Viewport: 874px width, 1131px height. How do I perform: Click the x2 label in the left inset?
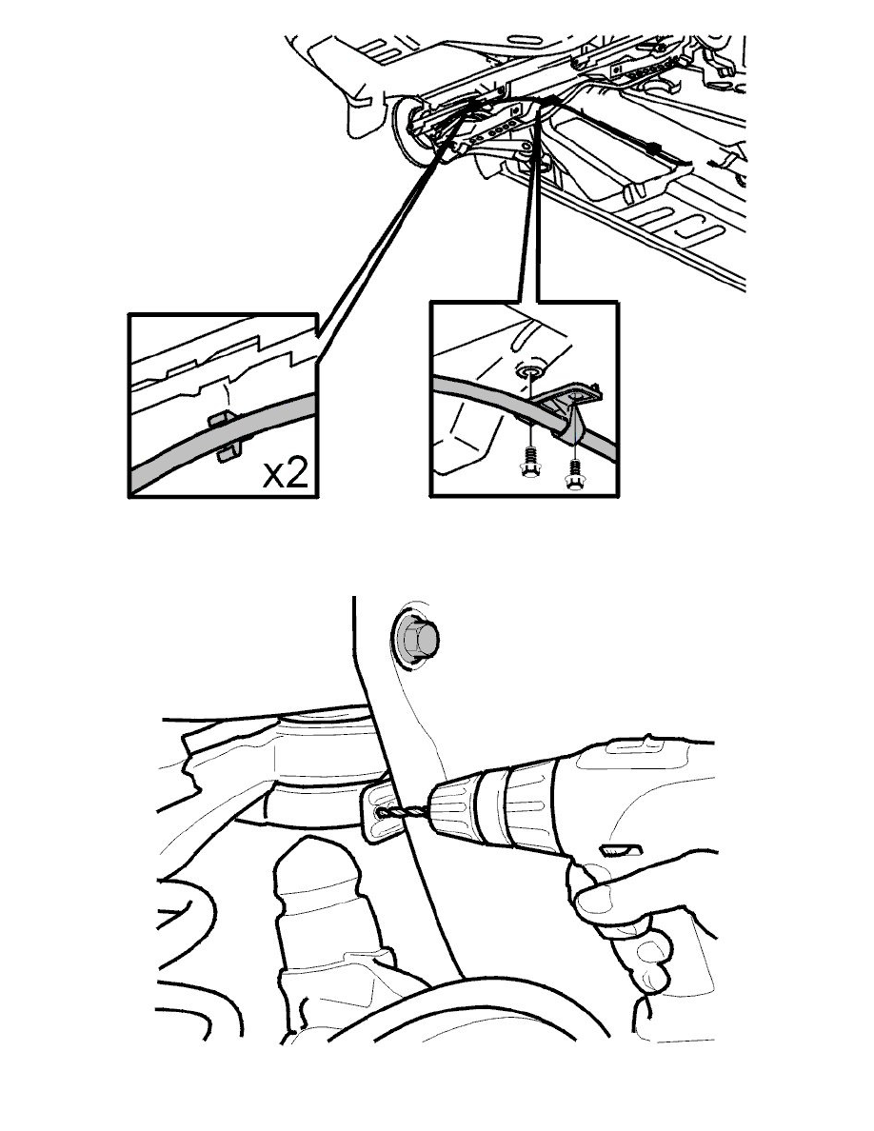[x=285, y=474]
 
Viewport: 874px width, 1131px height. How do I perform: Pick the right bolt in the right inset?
[x=574, y=473]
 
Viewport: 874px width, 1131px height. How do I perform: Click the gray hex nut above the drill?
[x=417, y=638]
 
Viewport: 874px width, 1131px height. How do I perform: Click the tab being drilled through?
[x=379, y=812]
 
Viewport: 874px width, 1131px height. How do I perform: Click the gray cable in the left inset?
[x=224, y=440]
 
